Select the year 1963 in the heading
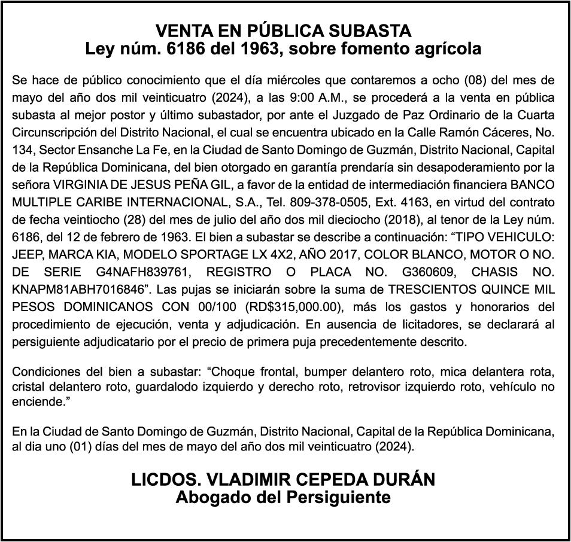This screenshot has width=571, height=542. pos(259,49)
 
